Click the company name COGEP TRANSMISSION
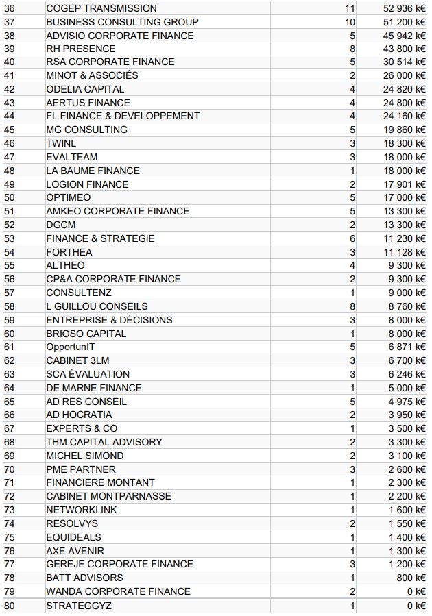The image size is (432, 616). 101,8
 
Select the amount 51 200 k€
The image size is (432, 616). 405,22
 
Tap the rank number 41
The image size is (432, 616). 10,75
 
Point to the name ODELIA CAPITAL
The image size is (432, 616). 85,89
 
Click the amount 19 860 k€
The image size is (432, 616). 405,130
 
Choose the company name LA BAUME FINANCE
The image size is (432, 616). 93,171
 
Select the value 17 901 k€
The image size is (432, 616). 405,184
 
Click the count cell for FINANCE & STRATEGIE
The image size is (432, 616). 352,238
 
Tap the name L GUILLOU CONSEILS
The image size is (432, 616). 97,306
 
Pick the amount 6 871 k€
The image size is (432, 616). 407,347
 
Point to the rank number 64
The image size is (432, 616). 10,388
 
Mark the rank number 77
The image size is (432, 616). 10,564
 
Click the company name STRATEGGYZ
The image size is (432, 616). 79,606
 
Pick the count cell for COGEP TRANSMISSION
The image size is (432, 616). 350,8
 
